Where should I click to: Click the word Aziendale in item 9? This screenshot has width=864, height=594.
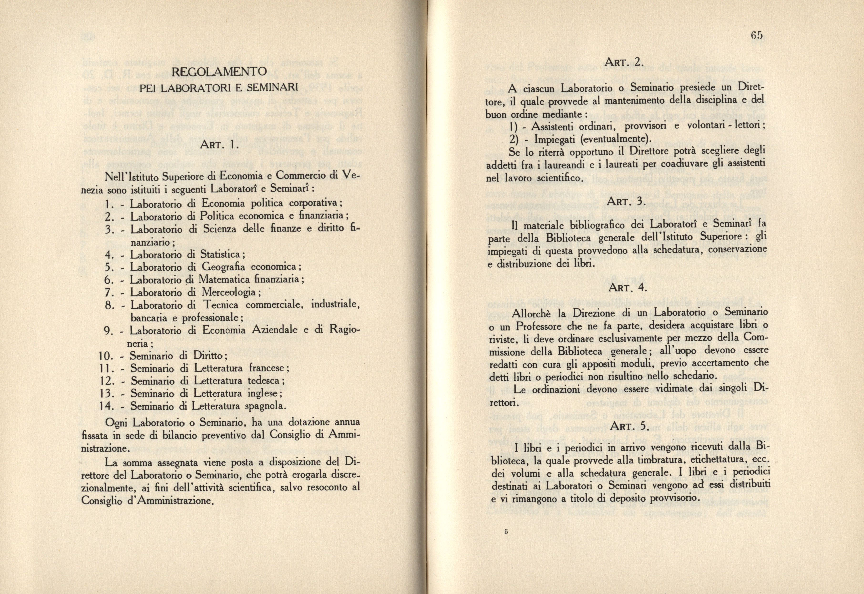pos(276,330)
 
